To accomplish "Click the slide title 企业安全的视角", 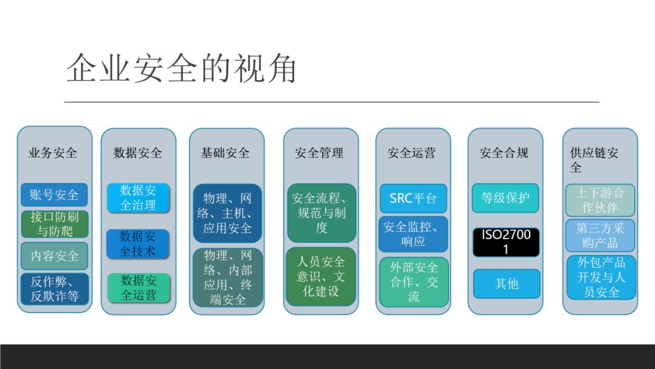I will tap(181, 68).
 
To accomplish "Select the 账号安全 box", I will tap(55, 195).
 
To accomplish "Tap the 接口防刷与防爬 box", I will tap(55, 223).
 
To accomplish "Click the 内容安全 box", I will tap(55, 256).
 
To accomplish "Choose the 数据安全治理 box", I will tap(138, 198).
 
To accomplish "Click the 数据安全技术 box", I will tap(138, 243).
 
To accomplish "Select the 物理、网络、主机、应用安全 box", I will tap(227, 213).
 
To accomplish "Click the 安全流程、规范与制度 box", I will tap(321, 213).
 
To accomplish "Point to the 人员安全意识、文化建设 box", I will tap(321, 276).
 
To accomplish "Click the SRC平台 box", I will tap(413, 198).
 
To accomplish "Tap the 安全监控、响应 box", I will tap(413, 234).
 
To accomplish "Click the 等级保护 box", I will tap(505, 198).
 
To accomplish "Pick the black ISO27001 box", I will tap(506, 242).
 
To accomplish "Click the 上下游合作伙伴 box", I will tap(600, 200).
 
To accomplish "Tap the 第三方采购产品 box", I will tap(600, 235).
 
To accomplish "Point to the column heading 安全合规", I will tap(504, 153).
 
